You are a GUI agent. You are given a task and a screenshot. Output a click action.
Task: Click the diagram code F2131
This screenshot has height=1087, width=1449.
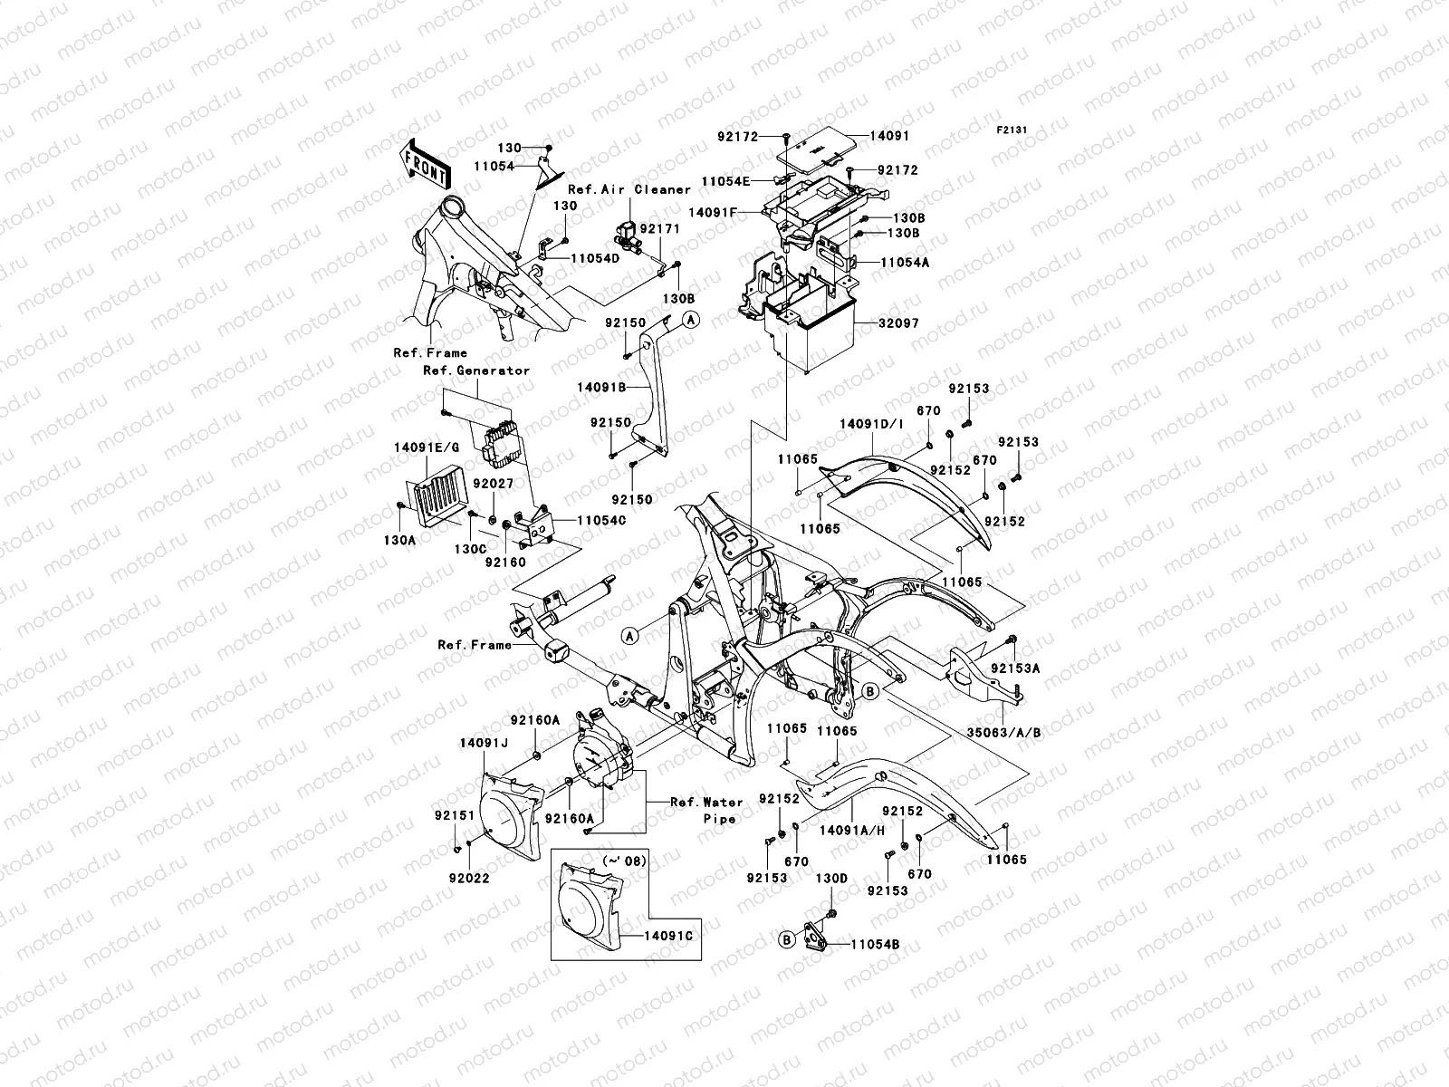point(1012,130)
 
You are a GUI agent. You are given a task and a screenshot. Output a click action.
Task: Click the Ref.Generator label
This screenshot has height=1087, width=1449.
point(476,370)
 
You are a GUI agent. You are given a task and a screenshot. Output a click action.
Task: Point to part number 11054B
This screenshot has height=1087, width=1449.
point(875,945)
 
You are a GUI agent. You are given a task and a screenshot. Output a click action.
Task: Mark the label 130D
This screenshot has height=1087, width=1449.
point(831,879)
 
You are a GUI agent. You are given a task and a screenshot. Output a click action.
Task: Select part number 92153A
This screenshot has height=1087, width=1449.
point(1015,668)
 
